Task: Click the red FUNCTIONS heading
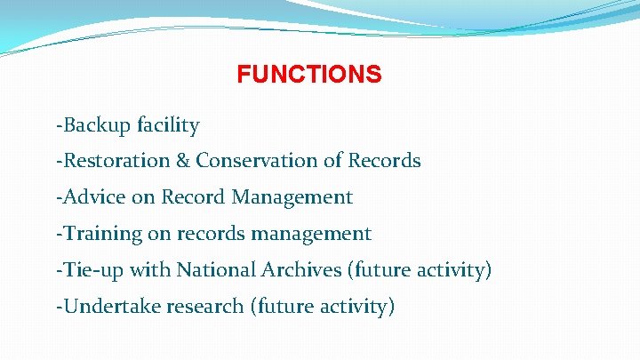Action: tap(309, 74)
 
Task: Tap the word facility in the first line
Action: tap(168, 125)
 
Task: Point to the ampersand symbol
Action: tap(183, 161)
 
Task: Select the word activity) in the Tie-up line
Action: tap(452, 269)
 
